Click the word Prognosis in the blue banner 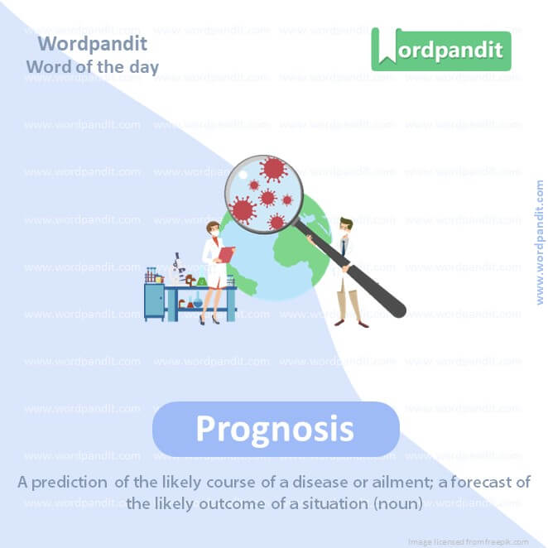coord(275,429)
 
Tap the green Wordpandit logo coord(440,50)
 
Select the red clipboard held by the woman coord(225,252)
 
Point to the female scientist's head coord(212,229)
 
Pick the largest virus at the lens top coord(272,170)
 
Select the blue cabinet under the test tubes coord(154,302)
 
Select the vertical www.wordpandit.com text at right coord(540,243)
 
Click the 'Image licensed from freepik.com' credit coord(479,539)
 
